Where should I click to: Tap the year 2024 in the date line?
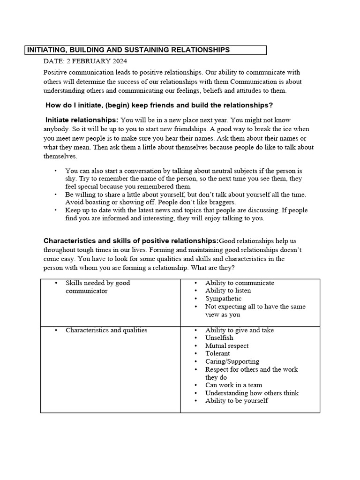[118, 61]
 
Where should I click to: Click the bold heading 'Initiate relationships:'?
[82, 120]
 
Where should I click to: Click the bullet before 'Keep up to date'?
[55, 210]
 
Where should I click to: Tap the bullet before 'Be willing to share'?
[55, 194]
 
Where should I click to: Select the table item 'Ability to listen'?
[228, 291]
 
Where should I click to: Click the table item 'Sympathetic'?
[223, 299]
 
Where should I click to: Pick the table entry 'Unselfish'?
[219, 338]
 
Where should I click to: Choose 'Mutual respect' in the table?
[227, 346]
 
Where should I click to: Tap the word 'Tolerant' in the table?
[217, 353]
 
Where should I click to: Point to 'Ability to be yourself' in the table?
[236, 401]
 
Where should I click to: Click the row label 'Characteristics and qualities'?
[106, 330]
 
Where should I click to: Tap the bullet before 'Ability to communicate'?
[195, 283]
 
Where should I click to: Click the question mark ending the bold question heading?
[271, 105]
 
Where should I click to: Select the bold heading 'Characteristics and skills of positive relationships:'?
[131, 241]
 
